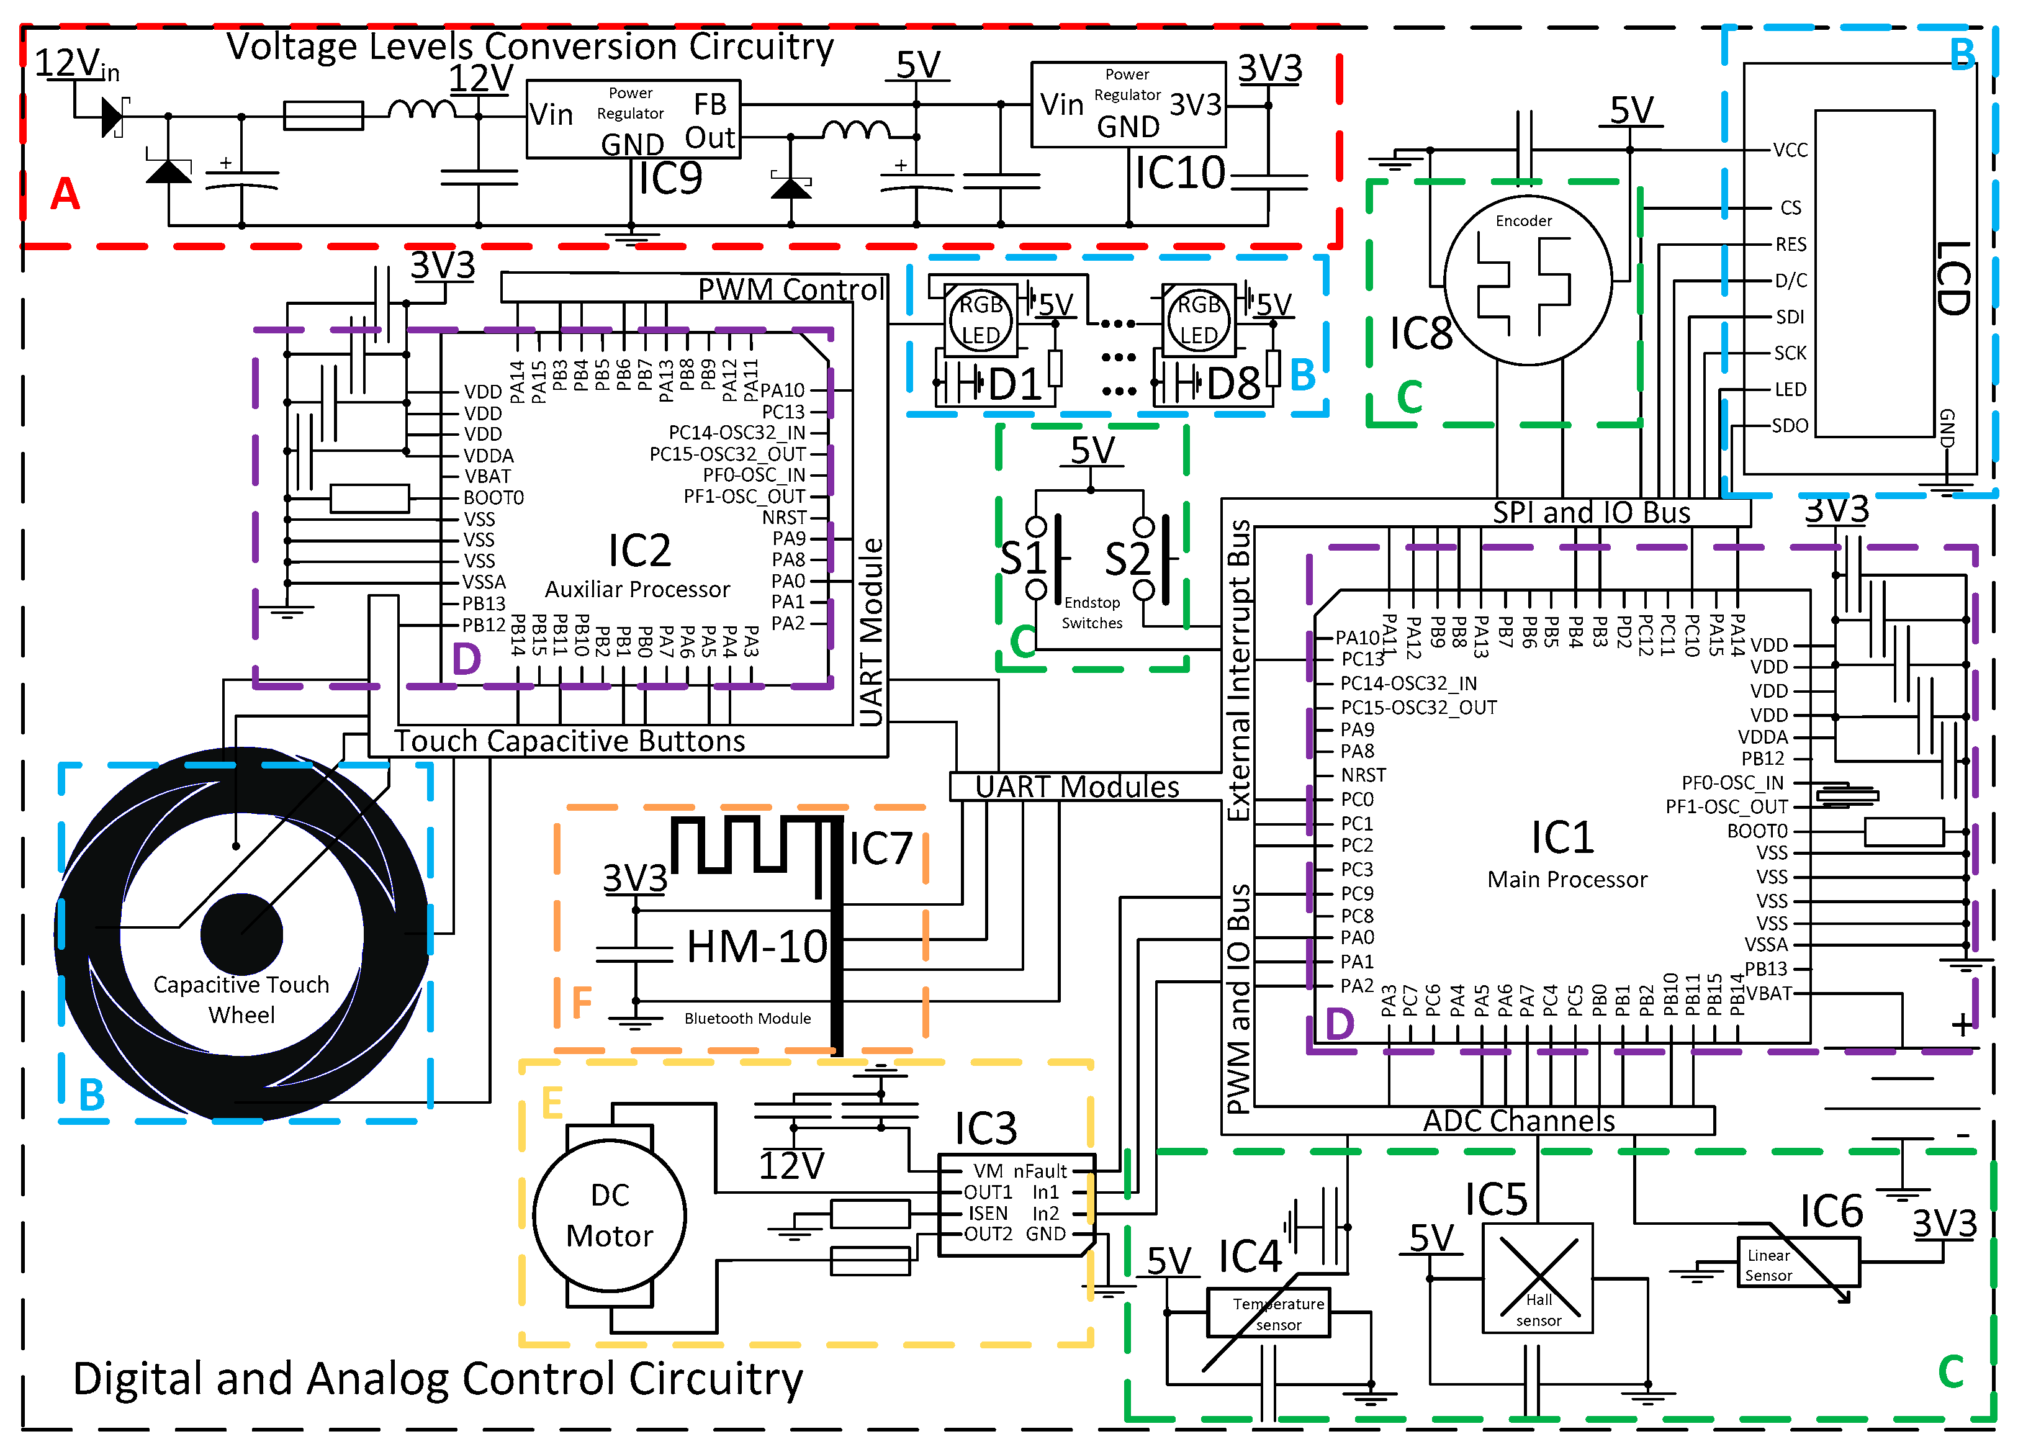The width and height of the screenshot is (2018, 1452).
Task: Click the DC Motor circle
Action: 610,1215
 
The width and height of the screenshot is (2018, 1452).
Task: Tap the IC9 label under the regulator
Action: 670,178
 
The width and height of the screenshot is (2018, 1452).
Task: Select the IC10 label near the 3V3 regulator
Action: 1180,173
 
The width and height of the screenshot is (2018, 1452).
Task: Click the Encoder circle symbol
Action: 1527,280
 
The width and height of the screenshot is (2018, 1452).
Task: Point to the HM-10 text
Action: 756,947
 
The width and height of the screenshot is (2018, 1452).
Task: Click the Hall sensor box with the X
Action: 1538,1278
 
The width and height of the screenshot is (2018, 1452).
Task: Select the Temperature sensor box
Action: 1268,1313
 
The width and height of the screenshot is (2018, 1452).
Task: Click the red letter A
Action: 65,193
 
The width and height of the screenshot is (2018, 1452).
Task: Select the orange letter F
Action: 581,1002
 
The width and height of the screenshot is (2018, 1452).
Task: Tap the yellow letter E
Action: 552,1103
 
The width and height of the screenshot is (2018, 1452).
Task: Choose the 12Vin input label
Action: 76,64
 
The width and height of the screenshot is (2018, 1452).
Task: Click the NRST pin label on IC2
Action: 784,517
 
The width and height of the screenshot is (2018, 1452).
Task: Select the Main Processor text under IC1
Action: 1566,879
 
